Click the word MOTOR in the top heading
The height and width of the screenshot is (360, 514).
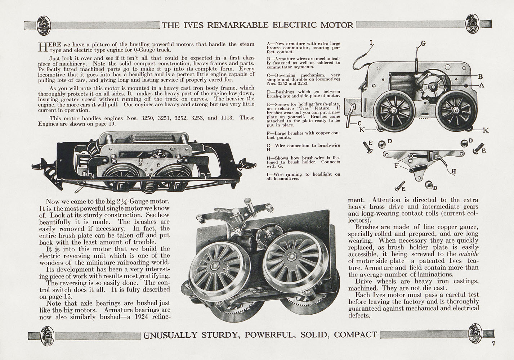coord(337,25)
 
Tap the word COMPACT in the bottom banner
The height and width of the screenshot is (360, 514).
coord(356,335)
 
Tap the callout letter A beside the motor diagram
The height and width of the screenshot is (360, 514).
coord(482,86)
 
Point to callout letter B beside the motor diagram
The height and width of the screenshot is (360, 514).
coord(480,76)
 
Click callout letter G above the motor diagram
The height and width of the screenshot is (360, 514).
coord(423,44)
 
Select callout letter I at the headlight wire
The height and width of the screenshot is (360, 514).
coord(371,43)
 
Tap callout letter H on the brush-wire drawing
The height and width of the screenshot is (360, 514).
coord(453,171)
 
